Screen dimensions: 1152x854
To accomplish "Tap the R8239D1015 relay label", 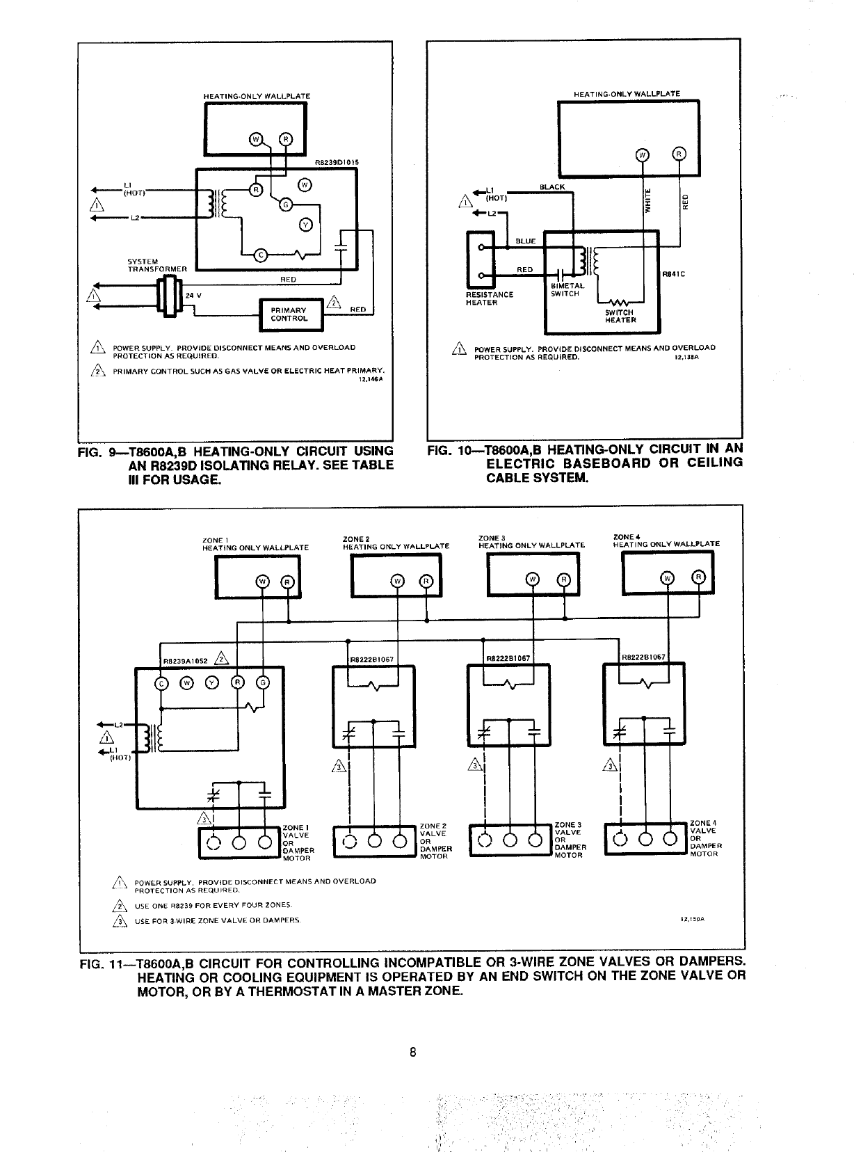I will pos(337,163).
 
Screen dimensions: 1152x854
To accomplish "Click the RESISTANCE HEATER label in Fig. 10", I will pos(489,298).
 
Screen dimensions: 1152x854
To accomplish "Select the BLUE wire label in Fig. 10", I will pos(525,241).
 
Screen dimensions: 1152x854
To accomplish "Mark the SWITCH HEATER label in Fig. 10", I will pos(620,316).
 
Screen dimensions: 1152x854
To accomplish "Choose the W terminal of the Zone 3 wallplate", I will pos(532,579).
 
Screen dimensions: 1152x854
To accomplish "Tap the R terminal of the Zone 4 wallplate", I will pos(699,577).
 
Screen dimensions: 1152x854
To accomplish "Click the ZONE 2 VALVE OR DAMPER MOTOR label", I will pos(435,840).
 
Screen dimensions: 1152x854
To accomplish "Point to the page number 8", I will pos(412,1052).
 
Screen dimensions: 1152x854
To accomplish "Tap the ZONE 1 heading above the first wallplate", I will pos(212,540).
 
